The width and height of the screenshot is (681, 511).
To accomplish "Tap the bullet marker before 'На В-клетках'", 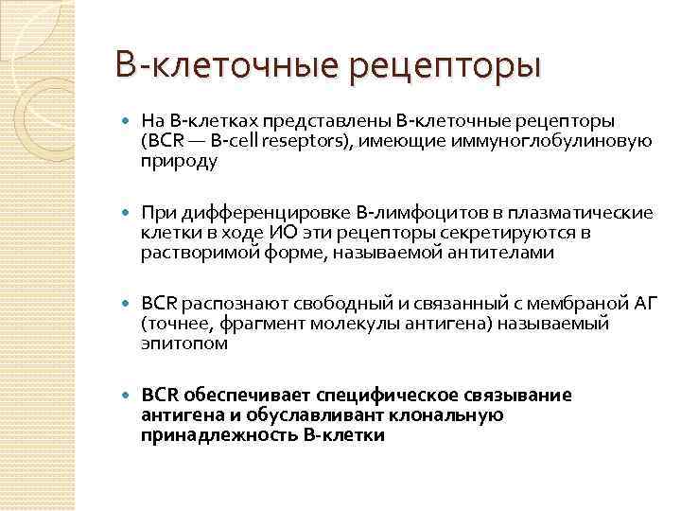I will pyautogui.click(x=129, y=121).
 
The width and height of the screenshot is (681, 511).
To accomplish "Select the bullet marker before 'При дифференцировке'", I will pyautogui.click(x=129, y=211).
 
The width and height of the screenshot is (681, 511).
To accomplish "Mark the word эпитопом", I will pyautogui.click(x=184, y=344).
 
